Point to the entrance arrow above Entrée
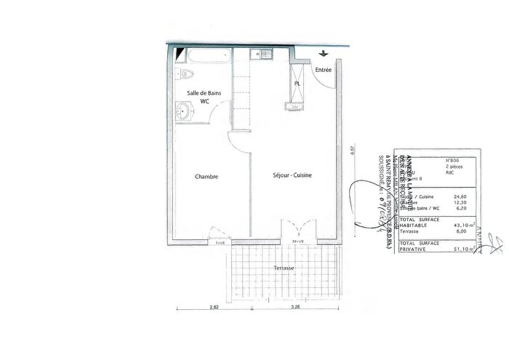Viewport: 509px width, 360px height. [x=324, y=53]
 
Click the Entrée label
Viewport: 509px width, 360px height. [x=324, y=70]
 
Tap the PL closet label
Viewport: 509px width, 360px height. [x=297, y=84]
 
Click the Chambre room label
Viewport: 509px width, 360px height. [x=207, y=177]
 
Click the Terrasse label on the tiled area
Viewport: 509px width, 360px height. [x=284, y=268]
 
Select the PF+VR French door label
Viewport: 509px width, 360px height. [x=297, y=239]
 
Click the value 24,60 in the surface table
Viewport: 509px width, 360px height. [x=460, y=196]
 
